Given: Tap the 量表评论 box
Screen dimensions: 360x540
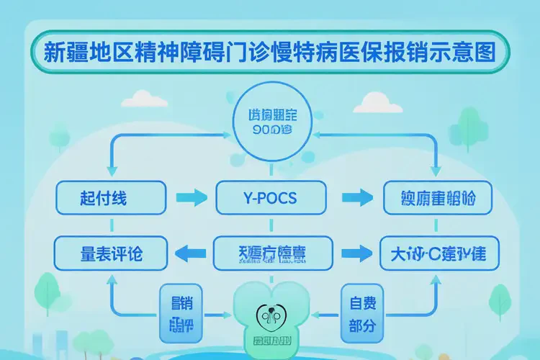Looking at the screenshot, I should pos(111,253).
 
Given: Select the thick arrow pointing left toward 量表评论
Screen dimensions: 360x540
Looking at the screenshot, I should pos(191,252).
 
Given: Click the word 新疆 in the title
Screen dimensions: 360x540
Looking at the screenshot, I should pos(66,53).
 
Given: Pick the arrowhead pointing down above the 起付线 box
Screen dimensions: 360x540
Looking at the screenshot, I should pos(109,170).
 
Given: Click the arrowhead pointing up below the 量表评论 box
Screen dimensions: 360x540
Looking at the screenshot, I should pos(109,282).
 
